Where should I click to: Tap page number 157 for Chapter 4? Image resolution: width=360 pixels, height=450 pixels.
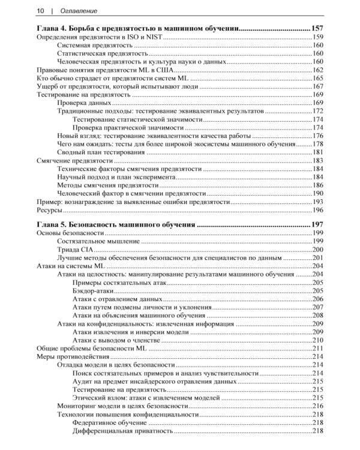click(318, 28)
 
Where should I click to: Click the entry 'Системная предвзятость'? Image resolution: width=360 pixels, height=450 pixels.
click(98, 45)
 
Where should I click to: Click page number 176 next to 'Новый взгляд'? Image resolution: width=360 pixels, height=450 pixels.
click(318, 136)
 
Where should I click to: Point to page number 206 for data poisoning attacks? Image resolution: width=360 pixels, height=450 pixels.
click(318, 299)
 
